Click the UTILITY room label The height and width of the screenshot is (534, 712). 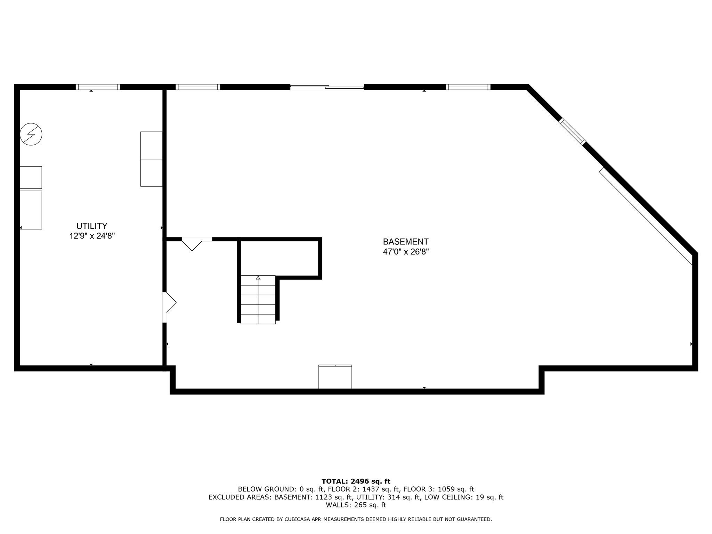tap(92, 226)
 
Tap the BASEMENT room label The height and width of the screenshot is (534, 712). tap(405, 242)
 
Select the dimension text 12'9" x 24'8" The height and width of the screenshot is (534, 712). tap(92, 236)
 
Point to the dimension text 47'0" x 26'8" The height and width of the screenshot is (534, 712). tap(405, 252)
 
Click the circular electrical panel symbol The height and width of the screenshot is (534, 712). tap(31, 134)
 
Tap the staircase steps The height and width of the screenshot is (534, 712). tap(258, 300)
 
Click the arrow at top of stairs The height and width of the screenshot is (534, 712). tap(258, 278)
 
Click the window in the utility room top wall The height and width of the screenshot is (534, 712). tap(98, 87)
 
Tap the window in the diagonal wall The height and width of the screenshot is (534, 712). tap(572, 131)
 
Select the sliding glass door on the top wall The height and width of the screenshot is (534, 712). tap(327, 87)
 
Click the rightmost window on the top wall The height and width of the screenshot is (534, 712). tap(468, 87)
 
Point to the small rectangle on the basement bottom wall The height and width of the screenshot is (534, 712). tap(335, 377)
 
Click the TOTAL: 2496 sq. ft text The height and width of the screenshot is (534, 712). tap(356, 482)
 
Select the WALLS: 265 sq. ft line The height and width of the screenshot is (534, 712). tap(356, 505)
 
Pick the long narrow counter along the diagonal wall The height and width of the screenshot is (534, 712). tap(646, 216)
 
